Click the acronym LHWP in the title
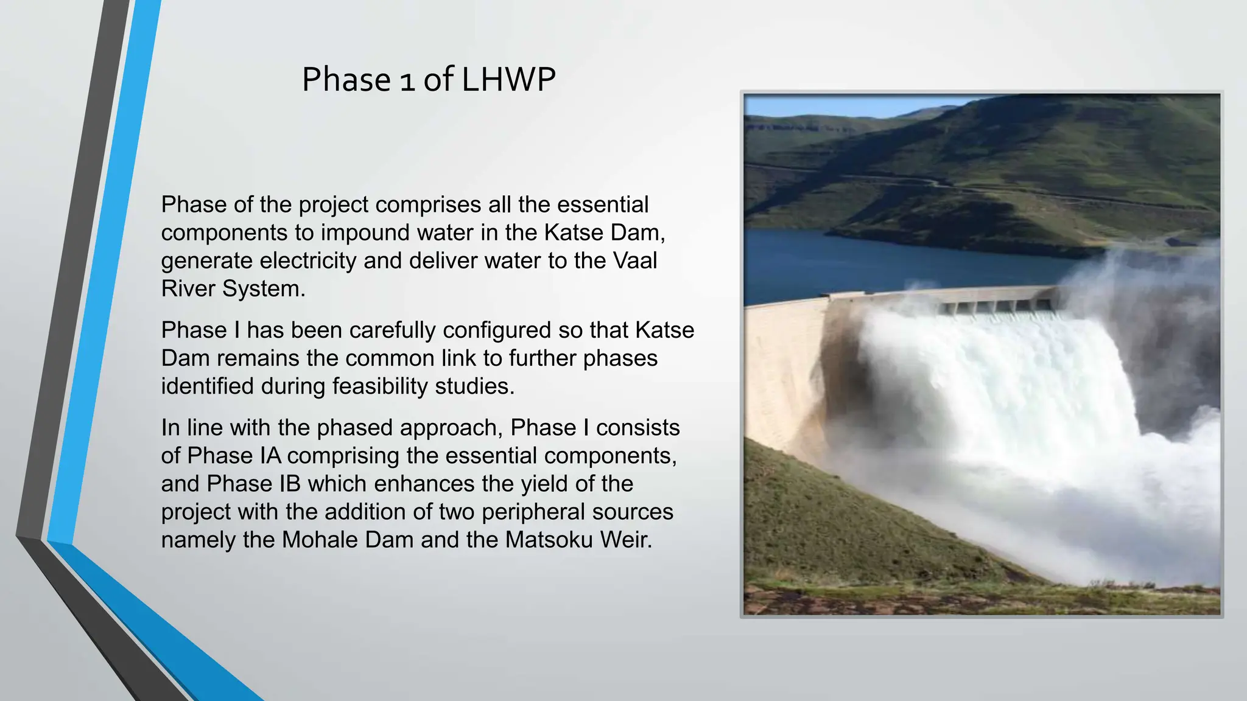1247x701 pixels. (x=508, y=80)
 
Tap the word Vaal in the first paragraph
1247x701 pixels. (x=635, y=260)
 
